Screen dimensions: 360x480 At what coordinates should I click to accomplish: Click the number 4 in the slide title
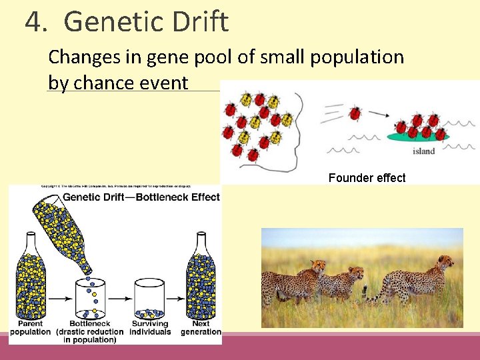click(35, 22)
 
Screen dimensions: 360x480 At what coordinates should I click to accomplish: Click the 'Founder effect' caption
click(367, 178)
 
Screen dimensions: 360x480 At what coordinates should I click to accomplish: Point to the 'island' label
click(423, 151)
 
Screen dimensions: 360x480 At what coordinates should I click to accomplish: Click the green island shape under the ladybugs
click(418, 137)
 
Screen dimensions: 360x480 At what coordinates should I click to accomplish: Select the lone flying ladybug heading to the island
click(355, 113)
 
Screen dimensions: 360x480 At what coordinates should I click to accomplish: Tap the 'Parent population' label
click(30, 327)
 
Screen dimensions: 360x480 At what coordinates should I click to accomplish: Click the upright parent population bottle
click(31, 276)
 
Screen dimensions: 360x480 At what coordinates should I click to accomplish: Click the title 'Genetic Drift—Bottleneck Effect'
click(141, 197)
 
